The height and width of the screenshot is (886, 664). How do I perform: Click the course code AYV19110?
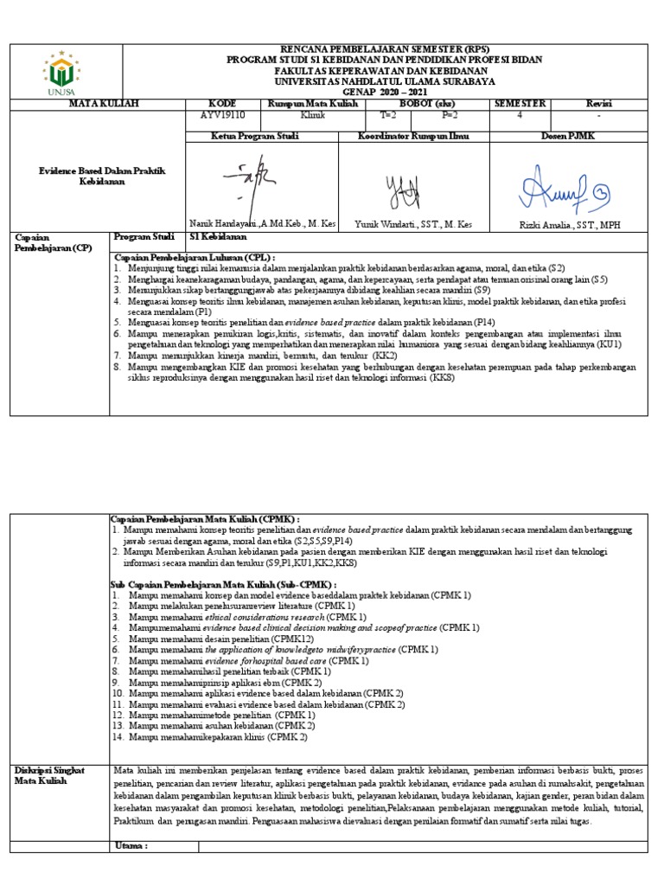click(x=222, y=113)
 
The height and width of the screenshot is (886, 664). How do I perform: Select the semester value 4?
click(x=520, y=113)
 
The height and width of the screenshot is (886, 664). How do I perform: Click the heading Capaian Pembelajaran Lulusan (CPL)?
click(x=195, y=258)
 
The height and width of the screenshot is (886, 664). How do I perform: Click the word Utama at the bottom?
click(x=131, y=844)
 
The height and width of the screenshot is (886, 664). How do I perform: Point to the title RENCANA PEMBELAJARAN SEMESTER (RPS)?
click(x=385, y=49)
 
